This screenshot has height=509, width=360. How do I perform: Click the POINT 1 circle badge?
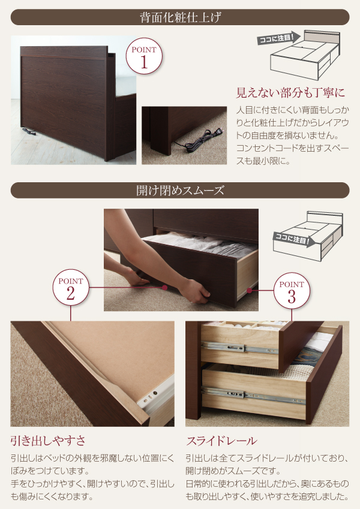(x=144, y=56)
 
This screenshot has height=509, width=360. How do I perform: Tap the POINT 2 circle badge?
(x=71, y=287)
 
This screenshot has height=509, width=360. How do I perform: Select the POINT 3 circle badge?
(x=292, y=291)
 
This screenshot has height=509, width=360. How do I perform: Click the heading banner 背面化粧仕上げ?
(x=180, y=17)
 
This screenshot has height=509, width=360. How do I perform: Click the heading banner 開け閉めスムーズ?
(x=180, y=191)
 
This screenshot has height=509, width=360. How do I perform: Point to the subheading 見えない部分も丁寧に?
(x=290, y=93)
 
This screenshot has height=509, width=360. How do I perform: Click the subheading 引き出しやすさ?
(x=48, y=441)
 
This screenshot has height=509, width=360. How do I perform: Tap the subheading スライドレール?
(x=221, y=441)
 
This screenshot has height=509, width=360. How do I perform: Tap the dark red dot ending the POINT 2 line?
(x=165, y=288)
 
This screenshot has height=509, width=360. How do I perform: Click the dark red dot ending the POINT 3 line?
(x=249, y=291)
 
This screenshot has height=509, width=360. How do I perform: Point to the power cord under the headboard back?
(x=29, y=131)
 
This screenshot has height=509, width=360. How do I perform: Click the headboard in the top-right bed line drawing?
(x=322, y=37)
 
